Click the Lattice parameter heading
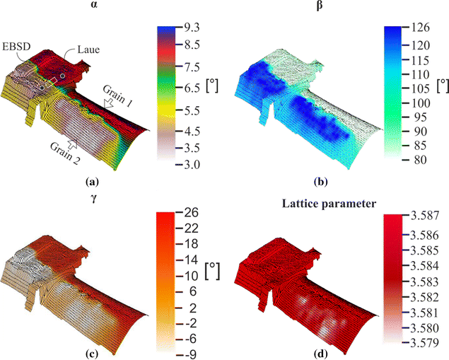pyautogui.click(x=322, y=204)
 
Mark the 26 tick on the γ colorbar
pyautogui.click(x=194, y=212)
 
